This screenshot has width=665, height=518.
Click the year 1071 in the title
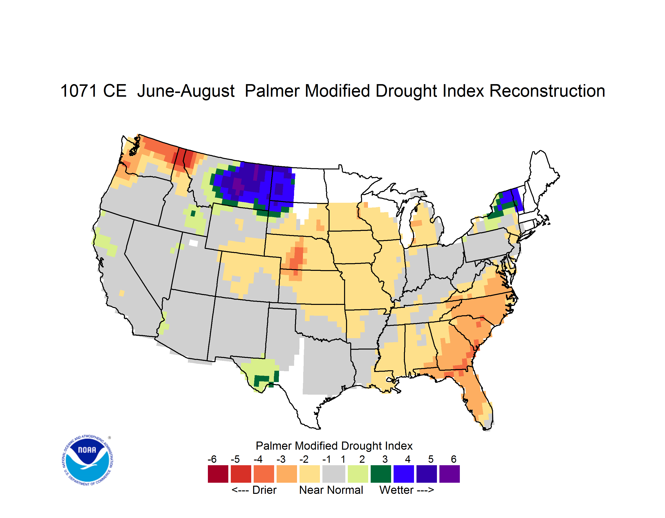pyautogui.click(x=79, y=91)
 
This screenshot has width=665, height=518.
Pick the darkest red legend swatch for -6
pyautogui.click(x=218, y=474)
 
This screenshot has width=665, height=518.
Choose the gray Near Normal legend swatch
pyautogui.click(x=334, y=474)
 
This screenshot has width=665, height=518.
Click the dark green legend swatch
pyautogui.click(x=381, y=474)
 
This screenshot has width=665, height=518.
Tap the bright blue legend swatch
pyautogui.click(x=404, y=474)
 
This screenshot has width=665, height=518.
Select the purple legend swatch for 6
pyautogui.click(x=449, y=474)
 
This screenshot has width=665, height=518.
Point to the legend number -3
pyautogui.click(x=281, y=459)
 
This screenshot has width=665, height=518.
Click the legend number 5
pyautogui.click(x=431, y=459)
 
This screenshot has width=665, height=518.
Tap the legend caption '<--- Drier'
pyautogui.click(x=254, y=490)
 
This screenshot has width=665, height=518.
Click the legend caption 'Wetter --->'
pyautogui.click(x=406, y=490)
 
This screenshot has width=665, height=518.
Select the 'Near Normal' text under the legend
pyautogui.click(x=331, y=490)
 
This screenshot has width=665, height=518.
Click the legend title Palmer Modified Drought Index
pyautogui.click(x=334, y=446)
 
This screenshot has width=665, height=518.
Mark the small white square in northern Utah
pyautogui.click(x=193, y=243)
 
